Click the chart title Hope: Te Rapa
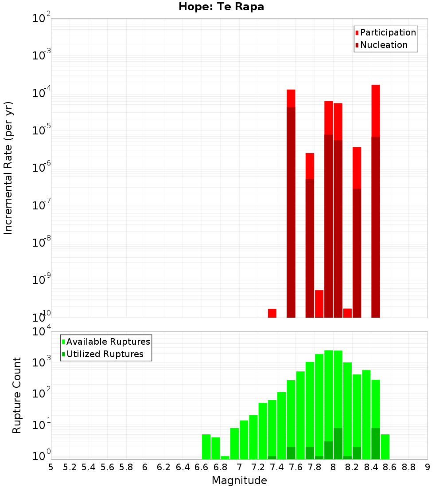pyautogui.click(x=221, y=7)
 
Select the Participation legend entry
pyautogui.click(x=385, y=32)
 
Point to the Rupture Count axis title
pyautogui.click(x=16, y=395)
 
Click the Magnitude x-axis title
pyautogui.click(x=239, y=480)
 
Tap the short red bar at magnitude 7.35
pyautogui.click(x=272, y=313)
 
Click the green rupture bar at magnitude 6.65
pyautogui.click(x=206, y=447)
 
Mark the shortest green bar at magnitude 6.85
pyautogui.click(x=225, y=457)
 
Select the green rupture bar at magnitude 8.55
pyautogui.click(x=385, y=447)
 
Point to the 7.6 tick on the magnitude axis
pyautogui.click(x=296, y=467)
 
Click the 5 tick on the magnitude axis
pyautogui.click(x=51, y=467)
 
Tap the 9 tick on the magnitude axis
pyautogui.click(x=427, y=467)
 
